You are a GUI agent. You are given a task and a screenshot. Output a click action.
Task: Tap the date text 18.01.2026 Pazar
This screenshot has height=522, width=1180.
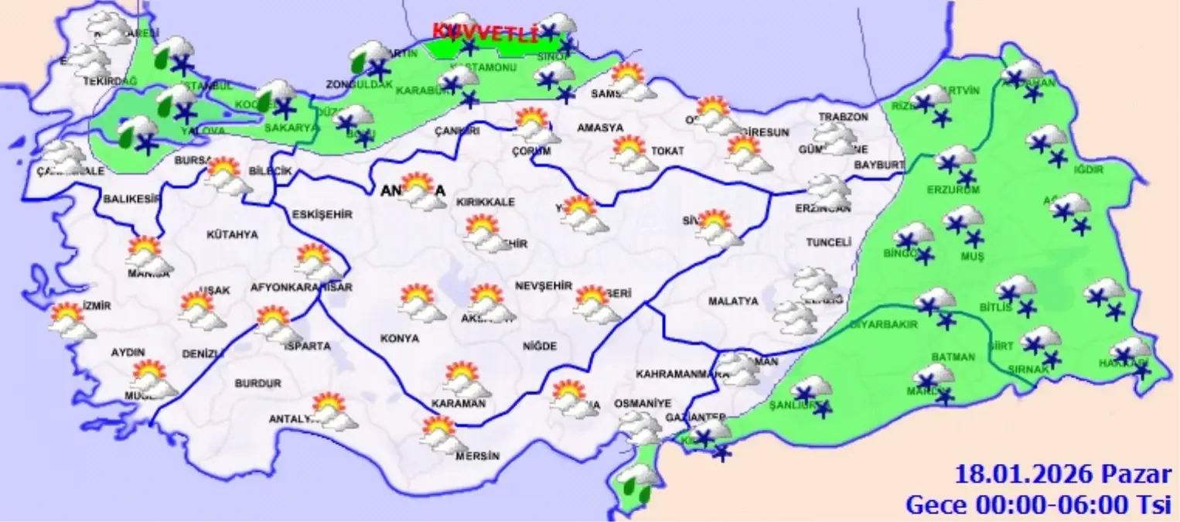click(1063, 473)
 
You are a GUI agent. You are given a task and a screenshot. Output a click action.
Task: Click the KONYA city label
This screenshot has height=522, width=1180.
click(400, 339)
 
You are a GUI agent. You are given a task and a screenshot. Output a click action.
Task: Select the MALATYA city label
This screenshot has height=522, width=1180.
click(733, 302)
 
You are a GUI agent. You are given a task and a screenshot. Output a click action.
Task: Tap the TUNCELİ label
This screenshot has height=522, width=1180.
click(828, 242)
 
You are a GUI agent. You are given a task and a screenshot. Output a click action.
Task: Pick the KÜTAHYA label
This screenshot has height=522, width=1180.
click(232, 234)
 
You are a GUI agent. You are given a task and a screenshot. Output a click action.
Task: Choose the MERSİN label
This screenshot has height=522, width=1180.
click(477, 455)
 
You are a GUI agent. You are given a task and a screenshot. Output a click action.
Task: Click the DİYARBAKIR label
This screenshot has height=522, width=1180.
click(883, 325)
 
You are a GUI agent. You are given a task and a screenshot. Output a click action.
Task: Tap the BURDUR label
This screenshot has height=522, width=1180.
click(258, 383)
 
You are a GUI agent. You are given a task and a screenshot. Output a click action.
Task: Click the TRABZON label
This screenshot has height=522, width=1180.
click(844, 117)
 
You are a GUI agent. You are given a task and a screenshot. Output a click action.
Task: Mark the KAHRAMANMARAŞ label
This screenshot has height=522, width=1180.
click(682, 374)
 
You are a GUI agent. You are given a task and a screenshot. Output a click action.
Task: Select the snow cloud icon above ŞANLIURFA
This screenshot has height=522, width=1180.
click(813, 391)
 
